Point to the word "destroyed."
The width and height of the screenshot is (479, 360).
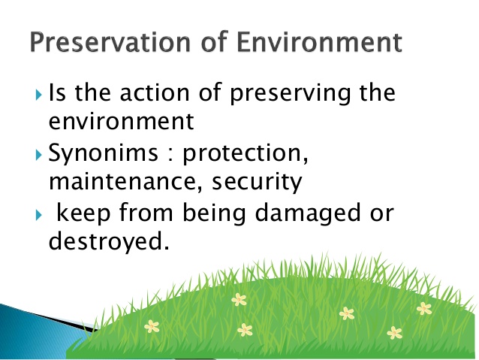tap(104, 242)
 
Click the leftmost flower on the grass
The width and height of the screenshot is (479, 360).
tap(152, 326)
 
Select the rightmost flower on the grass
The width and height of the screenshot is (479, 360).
tap(424, 308)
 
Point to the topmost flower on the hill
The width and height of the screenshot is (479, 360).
tap(239, 300)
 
